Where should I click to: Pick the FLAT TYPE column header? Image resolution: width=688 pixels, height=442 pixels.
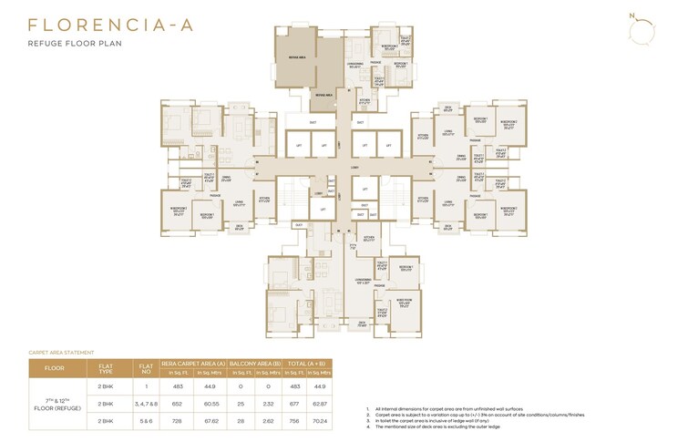[106, 369]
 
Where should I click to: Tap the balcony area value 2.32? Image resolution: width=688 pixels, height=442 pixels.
[267, 402]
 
